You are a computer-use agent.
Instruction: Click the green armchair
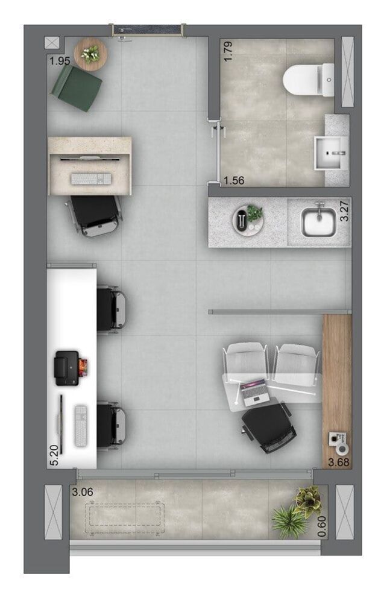(x=77, y=88)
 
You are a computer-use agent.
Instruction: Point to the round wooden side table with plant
(x=90, y=54)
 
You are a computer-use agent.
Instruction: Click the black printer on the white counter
(x=68, y=367)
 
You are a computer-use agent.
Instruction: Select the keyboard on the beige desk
(x=91, y=179)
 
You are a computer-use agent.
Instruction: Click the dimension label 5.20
(x=55, y=454)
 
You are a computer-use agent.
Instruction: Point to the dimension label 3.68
(x=338, y=463)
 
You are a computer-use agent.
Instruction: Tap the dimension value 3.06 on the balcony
(x=82, y=492)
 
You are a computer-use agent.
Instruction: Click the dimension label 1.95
(x=60, y=62)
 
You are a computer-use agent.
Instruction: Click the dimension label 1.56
(x=234, y=180)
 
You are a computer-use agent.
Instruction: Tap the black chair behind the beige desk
(x=95, y=215)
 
